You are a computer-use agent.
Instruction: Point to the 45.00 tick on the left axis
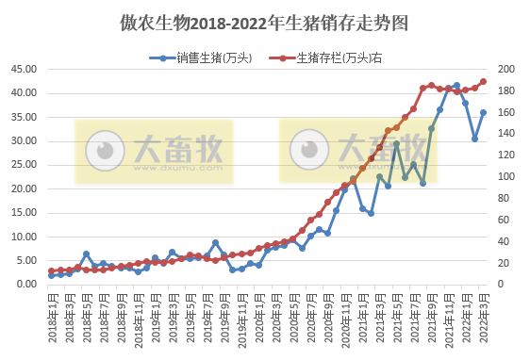tap(22, 69)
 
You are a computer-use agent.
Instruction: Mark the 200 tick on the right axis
tap(505, 69)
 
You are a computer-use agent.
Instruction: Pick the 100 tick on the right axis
tap(505, 176)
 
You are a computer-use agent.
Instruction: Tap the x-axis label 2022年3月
tap(484, 317)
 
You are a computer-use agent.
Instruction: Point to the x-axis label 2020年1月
tap(258, 317)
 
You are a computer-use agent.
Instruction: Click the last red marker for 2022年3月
tap(484, 81)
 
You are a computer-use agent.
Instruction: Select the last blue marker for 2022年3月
tap(484, 112)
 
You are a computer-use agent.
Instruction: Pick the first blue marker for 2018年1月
tap(52, 275)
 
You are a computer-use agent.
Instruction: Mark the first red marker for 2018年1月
tap(52, 270)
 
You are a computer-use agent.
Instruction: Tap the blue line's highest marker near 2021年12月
tap(457, 85)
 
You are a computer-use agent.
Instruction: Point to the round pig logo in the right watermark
tap(307, 149)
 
